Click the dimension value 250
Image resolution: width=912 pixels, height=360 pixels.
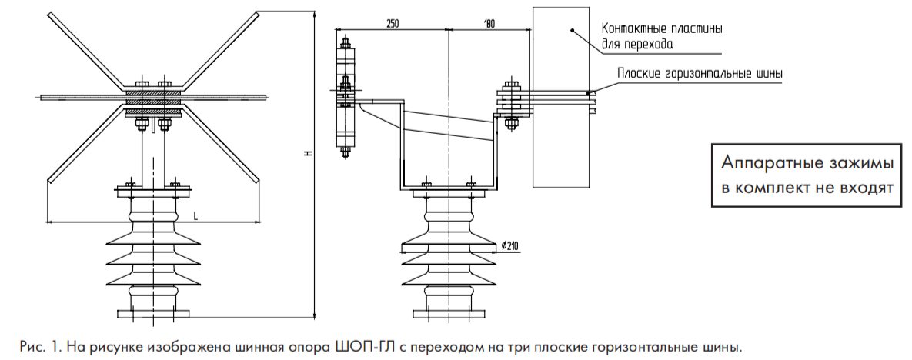(x=393, y=24)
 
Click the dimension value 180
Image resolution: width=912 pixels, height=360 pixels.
(x=489, y=24)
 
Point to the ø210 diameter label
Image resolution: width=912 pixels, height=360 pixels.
(x=509, y=246)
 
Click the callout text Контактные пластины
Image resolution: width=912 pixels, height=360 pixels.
(x=662, y=29)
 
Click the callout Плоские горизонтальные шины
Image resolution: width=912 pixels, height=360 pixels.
(x=700, y=74)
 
